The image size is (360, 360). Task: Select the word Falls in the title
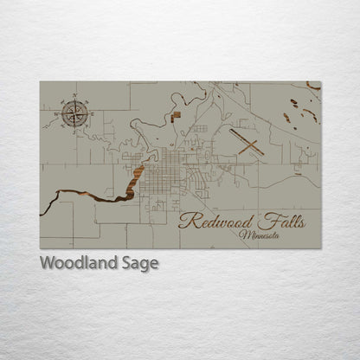click(283, 221)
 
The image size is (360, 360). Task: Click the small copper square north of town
click(177, 113)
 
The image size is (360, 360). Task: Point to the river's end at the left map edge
click(43, 212)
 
